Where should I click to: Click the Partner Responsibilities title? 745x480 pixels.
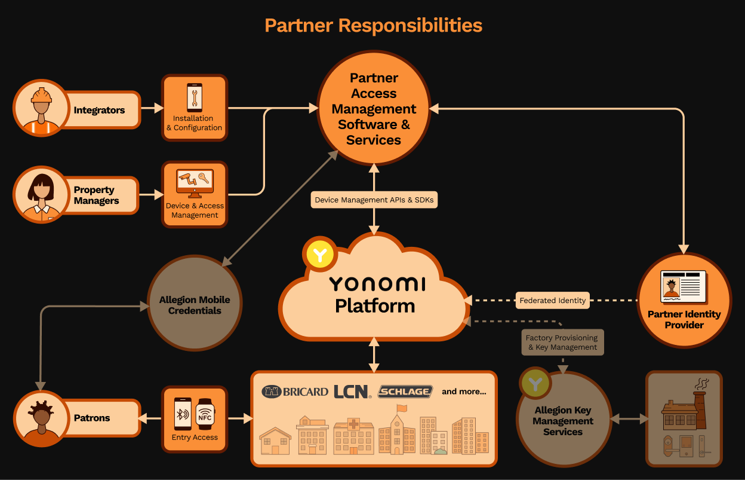[x=373, y=26]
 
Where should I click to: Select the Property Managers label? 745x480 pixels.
[x=96, y=195]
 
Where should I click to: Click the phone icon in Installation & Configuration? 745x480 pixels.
[x=195, y=97]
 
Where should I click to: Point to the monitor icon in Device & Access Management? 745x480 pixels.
[x=195, y=184]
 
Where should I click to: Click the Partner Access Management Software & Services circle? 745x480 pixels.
[x=374, y=108]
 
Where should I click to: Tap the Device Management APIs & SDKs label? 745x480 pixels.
[x=374, y=200]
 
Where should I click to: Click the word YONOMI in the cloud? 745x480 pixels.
[x=377, y=284]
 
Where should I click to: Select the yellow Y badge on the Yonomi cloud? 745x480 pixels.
[x=321, y=254]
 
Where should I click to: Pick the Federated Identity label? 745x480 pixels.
[x=552, y=301]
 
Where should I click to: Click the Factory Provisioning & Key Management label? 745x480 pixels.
[x=562, y=343]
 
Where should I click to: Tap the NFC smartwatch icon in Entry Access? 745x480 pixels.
[x=205, y=414]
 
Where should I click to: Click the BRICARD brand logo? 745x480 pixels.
[x=295, y=392]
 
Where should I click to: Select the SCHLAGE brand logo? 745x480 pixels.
[x=405, y=392]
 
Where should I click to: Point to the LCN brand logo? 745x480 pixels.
[x=352, y=392]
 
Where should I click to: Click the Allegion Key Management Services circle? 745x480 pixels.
[x=563, y=419]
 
